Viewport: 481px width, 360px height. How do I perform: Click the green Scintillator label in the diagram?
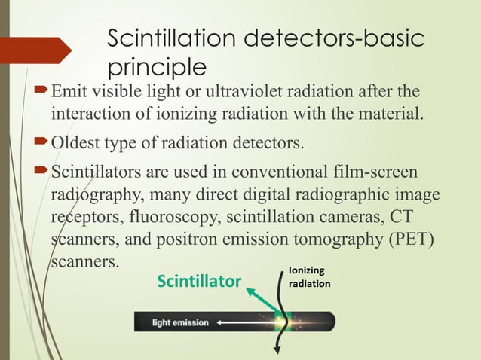click(199, 282)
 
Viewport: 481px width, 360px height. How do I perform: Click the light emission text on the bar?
click(181, 322)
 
